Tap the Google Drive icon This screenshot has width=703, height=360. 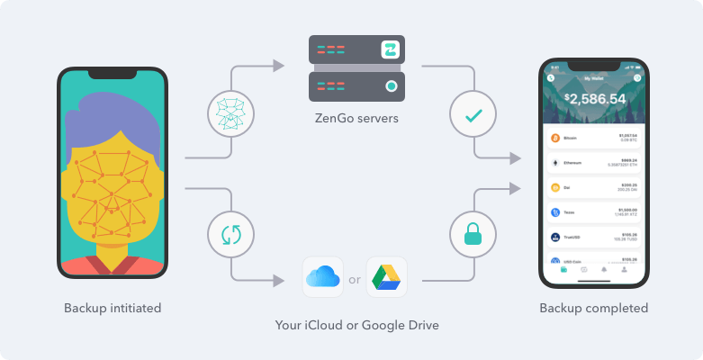click(x=386, y=277)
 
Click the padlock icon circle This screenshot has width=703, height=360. click(x=473, y=235)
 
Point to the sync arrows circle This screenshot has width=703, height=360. click(x=231, y=235)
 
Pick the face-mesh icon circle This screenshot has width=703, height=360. click(x=231, y=113)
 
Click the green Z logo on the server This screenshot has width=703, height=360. click(x=390, y=49)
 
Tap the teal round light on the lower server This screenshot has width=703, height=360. click(x=391, y=86)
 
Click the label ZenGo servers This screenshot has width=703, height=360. click(x=357, y=117)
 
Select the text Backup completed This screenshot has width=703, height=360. click(x=593, y=308)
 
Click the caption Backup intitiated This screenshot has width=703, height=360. click(x=113, y=308)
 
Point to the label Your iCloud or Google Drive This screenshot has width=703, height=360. click(x=357, y=324)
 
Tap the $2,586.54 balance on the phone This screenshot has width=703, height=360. click(x=594, y=98)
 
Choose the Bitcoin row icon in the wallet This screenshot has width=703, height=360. click(x=555, y=139)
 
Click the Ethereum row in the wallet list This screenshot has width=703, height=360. click(x=594, y=163)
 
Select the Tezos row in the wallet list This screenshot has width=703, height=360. click(x=594, y=213)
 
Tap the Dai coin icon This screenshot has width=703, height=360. click(x=555, y=188)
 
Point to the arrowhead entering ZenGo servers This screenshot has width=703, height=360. click(x=278, y=67)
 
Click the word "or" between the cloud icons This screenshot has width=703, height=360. click(x=355, y=278)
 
